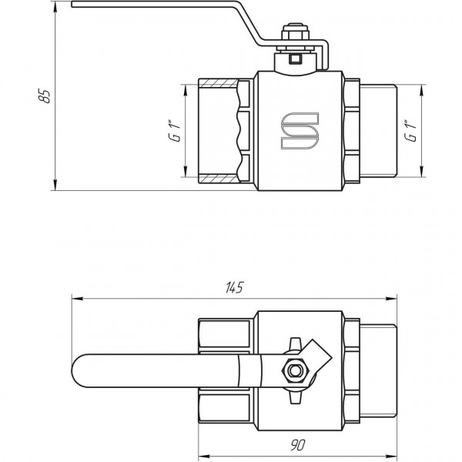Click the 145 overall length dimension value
pyautogui.click(x=235, y=288)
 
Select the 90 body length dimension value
pyautogui.click(x=298, y=445)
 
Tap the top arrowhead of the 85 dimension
pyautogui.click(x=55, y=9)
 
